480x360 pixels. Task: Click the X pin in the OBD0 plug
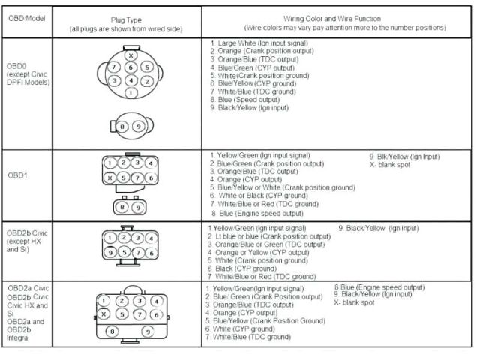pyautogui.click(x=130, y=55)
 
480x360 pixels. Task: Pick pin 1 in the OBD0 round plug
pyautogui.click(x=130, y=92)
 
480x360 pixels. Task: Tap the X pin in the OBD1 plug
pyautogui.click(x=109, y=178)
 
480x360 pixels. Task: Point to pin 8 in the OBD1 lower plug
pyautogui.click(x=123, y=206)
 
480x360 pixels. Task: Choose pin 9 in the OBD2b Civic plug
pyautogui.click(x=109, y=252)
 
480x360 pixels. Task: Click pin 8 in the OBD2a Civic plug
pyautogui.click(x=114, y=331)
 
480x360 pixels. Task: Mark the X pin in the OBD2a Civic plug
pyautogui.click(x=104, y=314)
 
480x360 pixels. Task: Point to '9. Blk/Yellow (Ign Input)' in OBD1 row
pyautogui.click(x=404, y=157)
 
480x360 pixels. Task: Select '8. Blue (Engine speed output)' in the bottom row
pyautogui.click(x=379, y=286)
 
